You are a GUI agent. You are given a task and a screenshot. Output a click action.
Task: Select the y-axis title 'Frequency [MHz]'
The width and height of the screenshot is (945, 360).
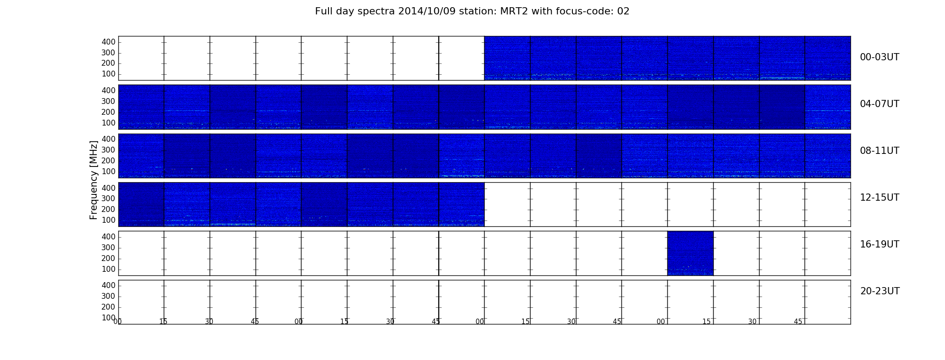pyautogui.click(x=94, y=180)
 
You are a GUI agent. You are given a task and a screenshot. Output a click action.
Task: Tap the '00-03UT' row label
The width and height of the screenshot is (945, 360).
pyautogui.click(x=880, y=57)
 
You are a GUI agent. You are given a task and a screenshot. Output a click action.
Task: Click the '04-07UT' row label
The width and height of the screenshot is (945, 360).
pyautogui.click(x=880, y=104)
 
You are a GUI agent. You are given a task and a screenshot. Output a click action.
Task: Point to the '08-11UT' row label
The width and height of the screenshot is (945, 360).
pyautogui.click(x=880, y=151)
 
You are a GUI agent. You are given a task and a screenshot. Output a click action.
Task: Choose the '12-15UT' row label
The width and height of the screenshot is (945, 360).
pyautogui.click(x=880, y=198)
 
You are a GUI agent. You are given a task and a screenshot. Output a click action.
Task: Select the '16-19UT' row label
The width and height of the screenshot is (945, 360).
pyautogui.click(x=880, y=244)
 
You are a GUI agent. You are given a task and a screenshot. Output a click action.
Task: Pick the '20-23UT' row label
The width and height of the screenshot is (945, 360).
pyautogui.click(x=880, y=291)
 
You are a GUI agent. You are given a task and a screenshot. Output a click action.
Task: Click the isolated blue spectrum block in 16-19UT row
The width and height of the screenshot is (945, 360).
pyautogui.click(x=690, y=253)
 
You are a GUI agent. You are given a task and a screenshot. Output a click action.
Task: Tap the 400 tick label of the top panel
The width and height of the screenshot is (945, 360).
pyautogui.click(x=108, y=42)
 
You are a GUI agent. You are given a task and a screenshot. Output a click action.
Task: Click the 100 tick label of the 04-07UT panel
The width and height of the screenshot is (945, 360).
pyautogui.click(x=108, y=123)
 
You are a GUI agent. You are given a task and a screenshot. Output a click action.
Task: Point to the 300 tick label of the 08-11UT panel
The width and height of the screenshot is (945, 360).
pyautogui.click(x=108, y=150)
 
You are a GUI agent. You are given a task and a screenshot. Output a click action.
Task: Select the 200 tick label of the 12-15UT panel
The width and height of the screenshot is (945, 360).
pyautogui.click(x=108, y=209)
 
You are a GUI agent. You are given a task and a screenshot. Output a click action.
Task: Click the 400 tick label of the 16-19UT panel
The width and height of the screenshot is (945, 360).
pyautogui.click(x=108, y=237)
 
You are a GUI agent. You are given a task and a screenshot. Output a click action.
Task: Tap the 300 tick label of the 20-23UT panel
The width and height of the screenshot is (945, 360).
pyautogui.click(x=108, y=296)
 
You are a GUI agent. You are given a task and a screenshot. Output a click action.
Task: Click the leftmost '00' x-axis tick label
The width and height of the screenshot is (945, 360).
pyautogui.click(x=117, y=322)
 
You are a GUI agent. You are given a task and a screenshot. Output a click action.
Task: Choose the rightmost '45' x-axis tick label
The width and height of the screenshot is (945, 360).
pyautogui.click(x=798, y=322)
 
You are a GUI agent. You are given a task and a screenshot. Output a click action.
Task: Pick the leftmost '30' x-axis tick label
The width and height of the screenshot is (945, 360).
pyautogui.click(x=209, y=322)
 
